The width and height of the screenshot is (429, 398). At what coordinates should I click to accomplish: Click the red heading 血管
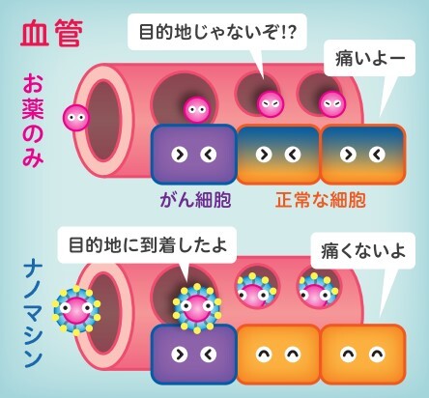(52, 33)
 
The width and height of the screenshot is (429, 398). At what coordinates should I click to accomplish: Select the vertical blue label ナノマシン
(33, 316)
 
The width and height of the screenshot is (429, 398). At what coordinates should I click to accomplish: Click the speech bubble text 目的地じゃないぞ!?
(217, 32)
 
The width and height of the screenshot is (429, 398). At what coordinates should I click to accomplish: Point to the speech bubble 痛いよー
(370, 58)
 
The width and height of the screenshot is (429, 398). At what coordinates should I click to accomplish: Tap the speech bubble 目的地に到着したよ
(148, 245)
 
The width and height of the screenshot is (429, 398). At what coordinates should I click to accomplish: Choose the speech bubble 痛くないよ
(363, 251)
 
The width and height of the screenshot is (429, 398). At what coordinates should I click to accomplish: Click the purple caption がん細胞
(195, 200)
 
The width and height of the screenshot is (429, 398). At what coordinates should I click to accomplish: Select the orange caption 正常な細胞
(321, 200)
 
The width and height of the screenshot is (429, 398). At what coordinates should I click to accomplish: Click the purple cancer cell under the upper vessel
(194, 155)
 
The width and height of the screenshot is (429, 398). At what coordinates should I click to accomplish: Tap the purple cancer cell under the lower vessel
(194, 354)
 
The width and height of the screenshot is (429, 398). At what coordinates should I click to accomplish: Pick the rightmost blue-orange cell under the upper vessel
(363, 155)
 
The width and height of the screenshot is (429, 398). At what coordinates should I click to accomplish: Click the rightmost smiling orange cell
(362, 354)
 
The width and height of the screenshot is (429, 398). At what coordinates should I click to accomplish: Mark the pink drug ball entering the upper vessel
(76, 118)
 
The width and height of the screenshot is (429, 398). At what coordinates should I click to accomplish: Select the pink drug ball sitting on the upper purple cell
(197, 110)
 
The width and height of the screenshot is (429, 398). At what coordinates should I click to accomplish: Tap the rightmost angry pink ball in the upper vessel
(332, 104)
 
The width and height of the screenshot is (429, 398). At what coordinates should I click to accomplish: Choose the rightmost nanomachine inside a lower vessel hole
(317, 291)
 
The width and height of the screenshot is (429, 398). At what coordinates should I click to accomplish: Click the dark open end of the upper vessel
(103, 120)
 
